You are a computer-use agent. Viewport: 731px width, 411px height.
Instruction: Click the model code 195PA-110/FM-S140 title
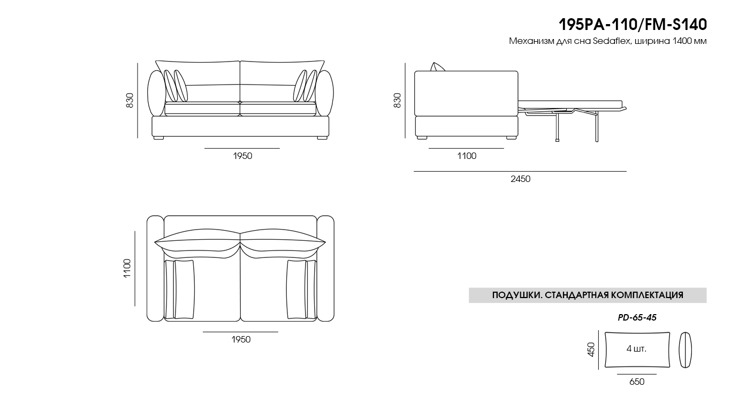point(633,24)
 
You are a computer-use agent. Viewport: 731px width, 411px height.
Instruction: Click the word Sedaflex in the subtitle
point(611,42)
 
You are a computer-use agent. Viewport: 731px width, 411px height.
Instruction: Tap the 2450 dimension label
point(520,179)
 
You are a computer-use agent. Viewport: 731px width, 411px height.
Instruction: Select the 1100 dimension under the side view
point(466,156)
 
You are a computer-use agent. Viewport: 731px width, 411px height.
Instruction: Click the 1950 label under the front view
point(242,156)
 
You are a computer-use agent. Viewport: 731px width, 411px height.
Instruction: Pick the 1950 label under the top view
point(241,339)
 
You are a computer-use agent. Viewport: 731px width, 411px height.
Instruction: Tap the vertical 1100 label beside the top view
point(127,269)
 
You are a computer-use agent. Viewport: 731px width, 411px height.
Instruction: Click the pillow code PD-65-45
point(637,317)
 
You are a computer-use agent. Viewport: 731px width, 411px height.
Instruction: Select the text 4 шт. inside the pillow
point(636,349)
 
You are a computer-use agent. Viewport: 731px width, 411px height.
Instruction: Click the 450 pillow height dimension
point(591,349)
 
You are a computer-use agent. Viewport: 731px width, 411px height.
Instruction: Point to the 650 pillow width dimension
point(637,382)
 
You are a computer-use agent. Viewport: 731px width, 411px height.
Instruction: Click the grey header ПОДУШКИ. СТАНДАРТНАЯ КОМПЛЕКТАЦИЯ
point(588,295)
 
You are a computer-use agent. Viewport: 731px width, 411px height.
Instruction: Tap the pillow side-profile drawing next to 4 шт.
point(685,350)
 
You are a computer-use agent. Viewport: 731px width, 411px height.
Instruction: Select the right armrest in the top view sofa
point(325,269)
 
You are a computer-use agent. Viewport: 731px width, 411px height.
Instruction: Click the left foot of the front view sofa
point(158,138)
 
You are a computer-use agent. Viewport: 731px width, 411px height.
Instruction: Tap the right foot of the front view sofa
point(322,138)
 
